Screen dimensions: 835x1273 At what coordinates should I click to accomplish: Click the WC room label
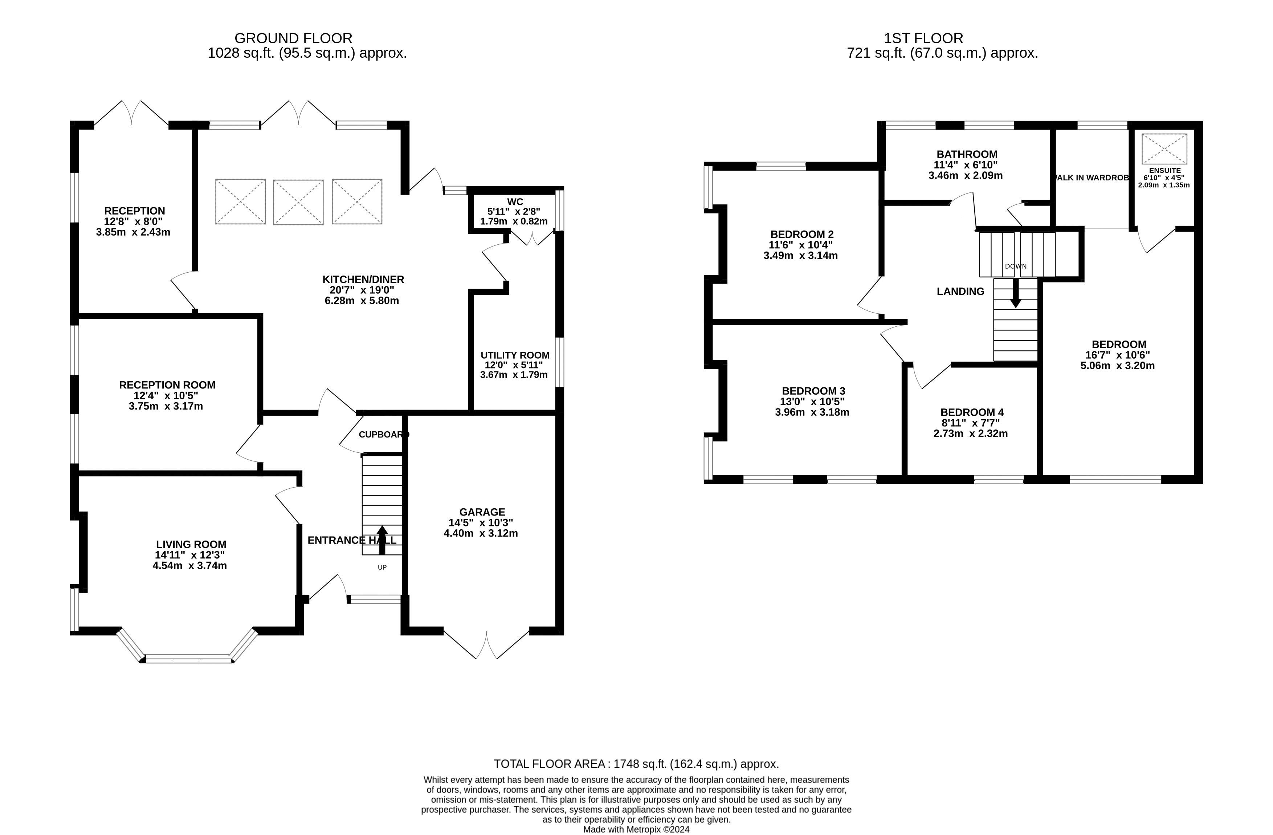pyautogui.click(x=515, y=201)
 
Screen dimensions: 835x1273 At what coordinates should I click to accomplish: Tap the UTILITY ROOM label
pyautogui.click(x=515, y=355)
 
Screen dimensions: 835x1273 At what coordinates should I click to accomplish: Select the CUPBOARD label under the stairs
pyautogui.click(x=383, y=434)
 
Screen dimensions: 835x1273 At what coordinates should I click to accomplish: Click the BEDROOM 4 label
pyautogui.click(x=971, y=412)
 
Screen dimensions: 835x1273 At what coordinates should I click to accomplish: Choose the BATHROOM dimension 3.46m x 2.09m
pyautogui.click(x=966, y=175)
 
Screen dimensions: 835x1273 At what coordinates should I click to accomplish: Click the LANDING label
pyautogui.click(x=960, y=292)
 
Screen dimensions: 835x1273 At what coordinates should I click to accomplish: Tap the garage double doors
pyautogui.click(x=486, y=644)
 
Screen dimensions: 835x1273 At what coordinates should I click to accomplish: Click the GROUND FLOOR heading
pyautogui.click(x=293, y=38)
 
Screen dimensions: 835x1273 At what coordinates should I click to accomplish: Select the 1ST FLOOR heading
pyautogui.click(x=923, y=38)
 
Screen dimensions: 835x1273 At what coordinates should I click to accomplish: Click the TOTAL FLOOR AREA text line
pyautogui.click(x=636, y=764)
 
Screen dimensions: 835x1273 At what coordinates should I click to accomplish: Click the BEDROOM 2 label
pyautogui.click(x=801, y=234)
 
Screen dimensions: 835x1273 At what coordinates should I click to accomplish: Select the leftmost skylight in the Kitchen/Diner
pyautogui.click(x=240, y=201)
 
